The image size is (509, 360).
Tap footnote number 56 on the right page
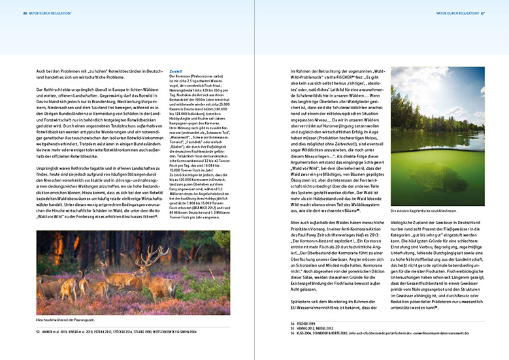pos(293,333)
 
